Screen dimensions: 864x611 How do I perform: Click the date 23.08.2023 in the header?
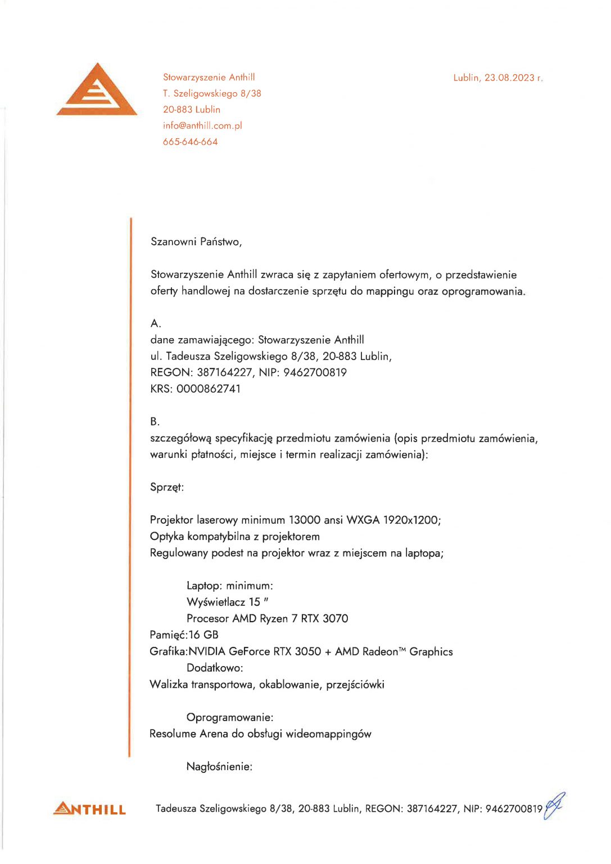point(510,78)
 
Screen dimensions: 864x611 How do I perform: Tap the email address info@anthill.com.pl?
point(202,125)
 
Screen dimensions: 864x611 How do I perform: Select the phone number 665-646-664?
point(190,142)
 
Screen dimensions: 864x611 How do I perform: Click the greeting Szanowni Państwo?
point(196,242)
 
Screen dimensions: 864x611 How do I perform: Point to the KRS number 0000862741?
point(209,389)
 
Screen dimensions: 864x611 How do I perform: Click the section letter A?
point(156,323)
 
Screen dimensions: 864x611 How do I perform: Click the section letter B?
point(155,421)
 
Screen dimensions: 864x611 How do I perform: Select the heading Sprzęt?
point(167,487)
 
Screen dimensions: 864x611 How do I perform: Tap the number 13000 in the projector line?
point(305,520)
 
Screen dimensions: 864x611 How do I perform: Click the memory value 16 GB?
point(203,635)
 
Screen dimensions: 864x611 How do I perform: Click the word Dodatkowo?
point(215,668)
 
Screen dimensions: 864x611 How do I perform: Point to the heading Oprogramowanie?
point(230,718)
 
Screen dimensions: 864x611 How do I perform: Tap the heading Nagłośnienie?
point(219,767)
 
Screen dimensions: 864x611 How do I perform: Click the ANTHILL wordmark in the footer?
point(90,809)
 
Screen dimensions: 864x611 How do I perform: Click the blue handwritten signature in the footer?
point(554,805)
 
